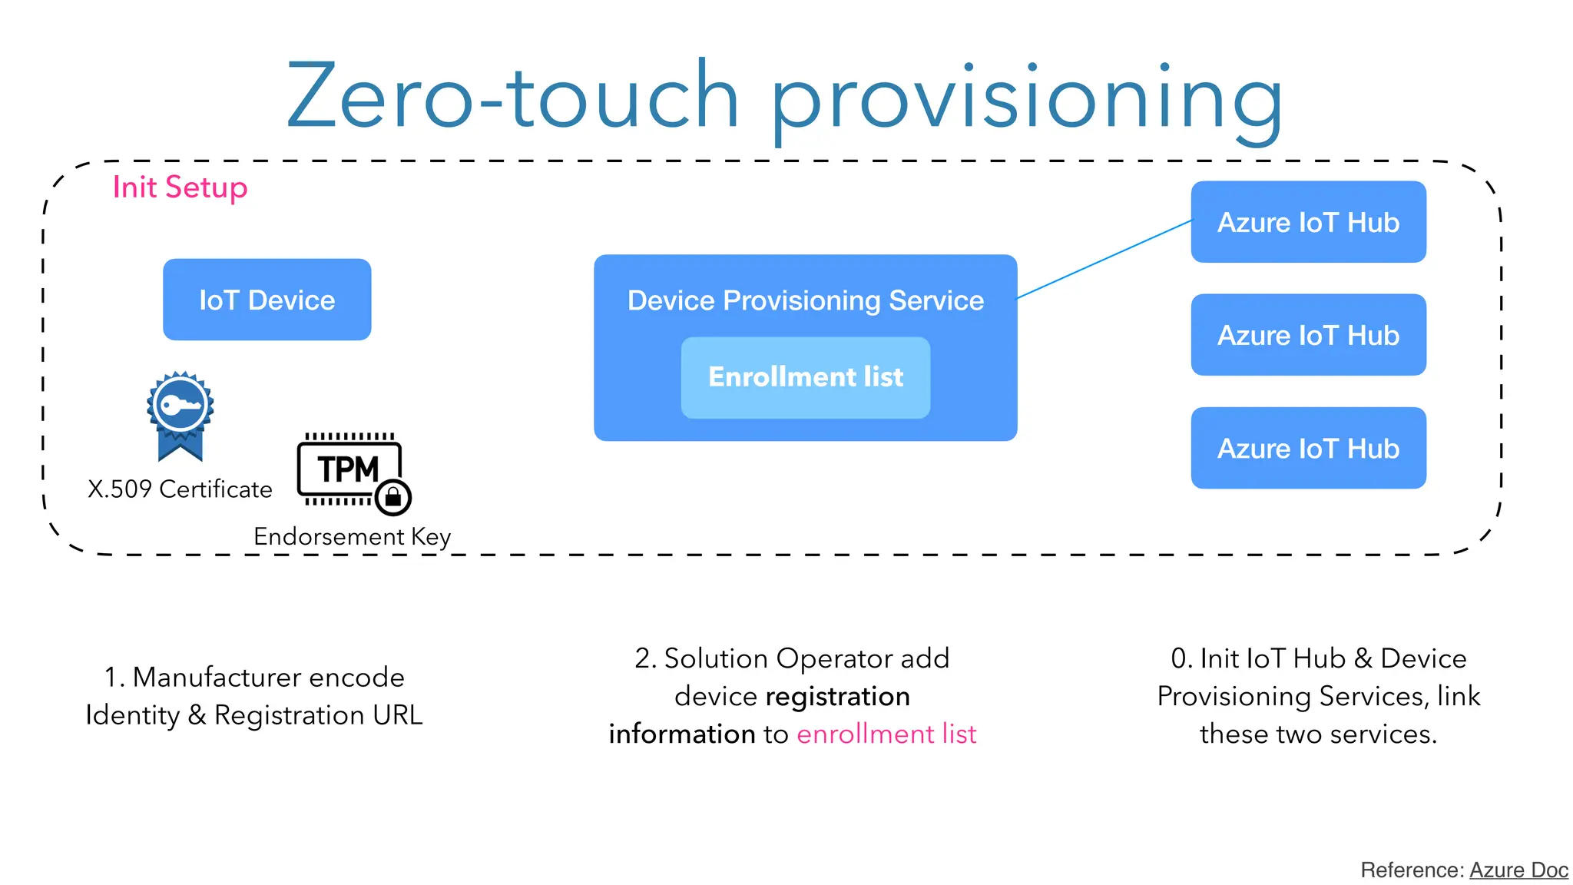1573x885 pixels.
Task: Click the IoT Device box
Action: [x=267, y=300]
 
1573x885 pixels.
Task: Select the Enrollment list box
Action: [x=805, y=377]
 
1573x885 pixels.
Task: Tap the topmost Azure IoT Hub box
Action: [x=1308, y=222]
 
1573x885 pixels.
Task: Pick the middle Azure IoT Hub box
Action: [x=1308, y=335]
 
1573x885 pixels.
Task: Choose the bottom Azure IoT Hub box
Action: [x=1308, y=448]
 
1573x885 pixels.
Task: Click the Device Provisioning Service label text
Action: [x=805, y=300]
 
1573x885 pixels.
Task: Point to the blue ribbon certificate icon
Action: [x=180, y=415]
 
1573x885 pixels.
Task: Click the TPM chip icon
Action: [x=349, y=469]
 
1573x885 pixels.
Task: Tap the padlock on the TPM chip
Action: [x=393, y=497]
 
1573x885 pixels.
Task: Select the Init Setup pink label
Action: [x=180, y=187]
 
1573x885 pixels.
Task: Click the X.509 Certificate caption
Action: [x=180, y=489]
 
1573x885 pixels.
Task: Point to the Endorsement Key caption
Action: [x=352, y=536]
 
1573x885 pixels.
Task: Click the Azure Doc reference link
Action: [x=1518, y=870]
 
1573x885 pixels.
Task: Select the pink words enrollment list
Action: [x=886, y=734]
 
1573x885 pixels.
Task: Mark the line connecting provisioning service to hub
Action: [x=1104, y=259]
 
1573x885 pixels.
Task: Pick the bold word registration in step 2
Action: [x=838, y=697]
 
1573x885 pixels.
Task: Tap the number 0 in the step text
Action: [x=1178, y=658]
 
